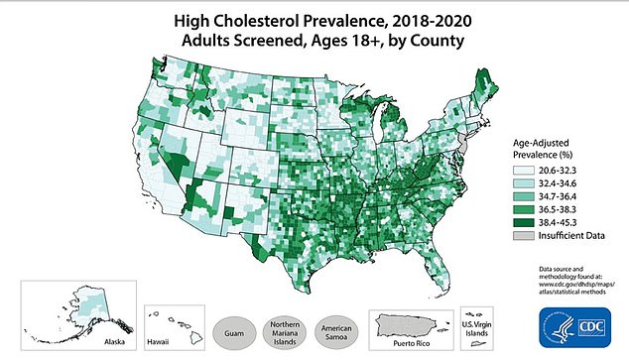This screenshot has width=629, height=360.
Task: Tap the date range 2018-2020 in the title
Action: (x=419, y=19)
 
